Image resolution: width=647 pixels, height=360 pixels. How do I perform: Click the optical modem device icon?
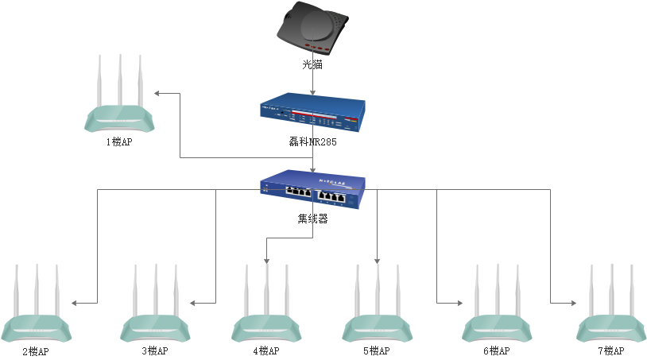click(312, 29)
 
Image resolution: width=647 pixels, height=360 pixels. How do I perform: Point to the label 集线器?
click(312, 219)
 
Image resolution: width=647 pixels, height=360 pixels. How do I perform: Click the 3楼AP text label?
click(155, 351)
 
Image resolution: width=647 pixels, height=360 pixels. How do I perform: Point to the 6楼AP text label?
click(496, 351)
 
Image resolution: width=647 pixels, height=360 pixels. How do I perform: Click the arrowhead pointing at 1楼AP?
click(157, 93)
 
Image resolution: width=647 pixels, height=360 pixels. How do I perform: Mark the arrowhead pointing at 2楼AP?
click(74, 303)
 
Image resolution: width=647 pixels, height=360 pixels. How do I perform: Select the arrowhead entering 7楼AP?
click(572, 303)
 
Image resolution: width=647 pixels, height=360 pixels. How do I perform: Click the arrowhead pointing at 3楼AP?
click(192, 303)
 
